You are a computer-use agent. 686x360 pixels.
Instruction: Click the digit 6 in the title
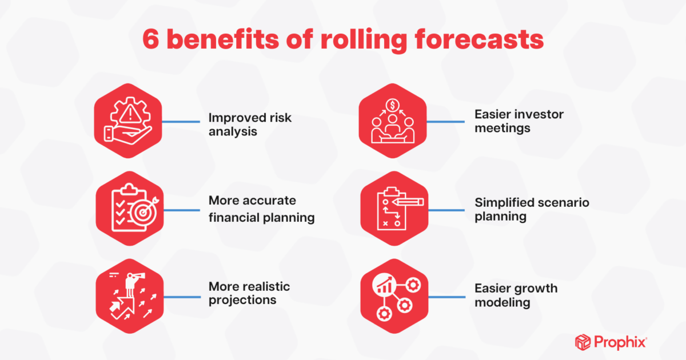(151, 39)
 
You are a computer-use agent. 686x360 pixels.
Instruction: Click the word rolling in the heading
(364, 41)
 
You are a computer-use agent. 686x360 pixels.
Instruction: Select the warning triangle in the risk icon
(130, 114)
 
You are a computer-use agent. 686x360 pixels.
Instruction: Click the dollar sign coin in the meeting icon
(392, 105)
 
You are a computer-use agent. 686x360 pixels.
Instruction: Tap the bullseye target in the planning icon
(143, 212)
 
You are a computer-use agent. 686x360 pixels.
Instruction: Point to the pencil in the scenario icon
(408, 202)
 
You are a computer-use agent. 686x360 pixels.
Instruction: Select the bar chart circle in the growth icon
(384, 285)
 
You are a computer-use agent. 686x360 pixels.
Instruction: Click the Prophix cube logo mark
(583, 342)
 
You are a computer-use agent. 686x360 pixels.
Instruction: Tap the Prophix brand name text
(620, 342)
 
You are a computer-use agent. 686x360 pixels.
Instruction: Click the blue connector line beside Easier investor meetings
(445, 122)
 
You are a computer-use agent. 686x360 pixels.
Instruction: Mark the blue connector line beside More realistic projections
(182, 297)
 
